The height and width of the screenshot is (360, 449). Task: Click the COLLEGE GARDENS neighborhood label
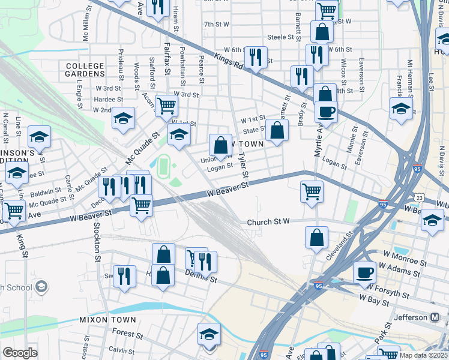point(85,70)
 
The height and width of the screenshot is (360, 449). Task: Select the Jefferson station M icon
point(435,317)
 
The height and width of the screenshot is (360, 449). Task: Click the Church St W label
point(268,222)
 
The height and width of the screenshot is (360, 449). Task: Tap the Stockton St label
point(95,243)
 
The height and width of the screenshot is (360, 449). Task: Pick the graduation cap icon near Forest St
point(209,334)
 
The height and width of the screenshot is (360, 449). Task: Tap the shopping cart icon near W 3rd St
point(166,106)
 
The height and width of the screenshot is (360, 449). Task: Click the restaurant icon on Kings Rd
point(256,57)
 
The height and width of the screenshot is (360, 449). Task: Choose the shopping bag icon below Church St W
point(316,237)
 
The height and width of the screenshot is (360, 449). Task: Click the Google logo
point(20,353)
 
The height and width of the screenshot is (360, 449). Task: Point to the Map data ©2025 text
point(423,355)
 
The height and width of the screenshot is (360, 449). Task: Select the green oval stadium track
point(163,167)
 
